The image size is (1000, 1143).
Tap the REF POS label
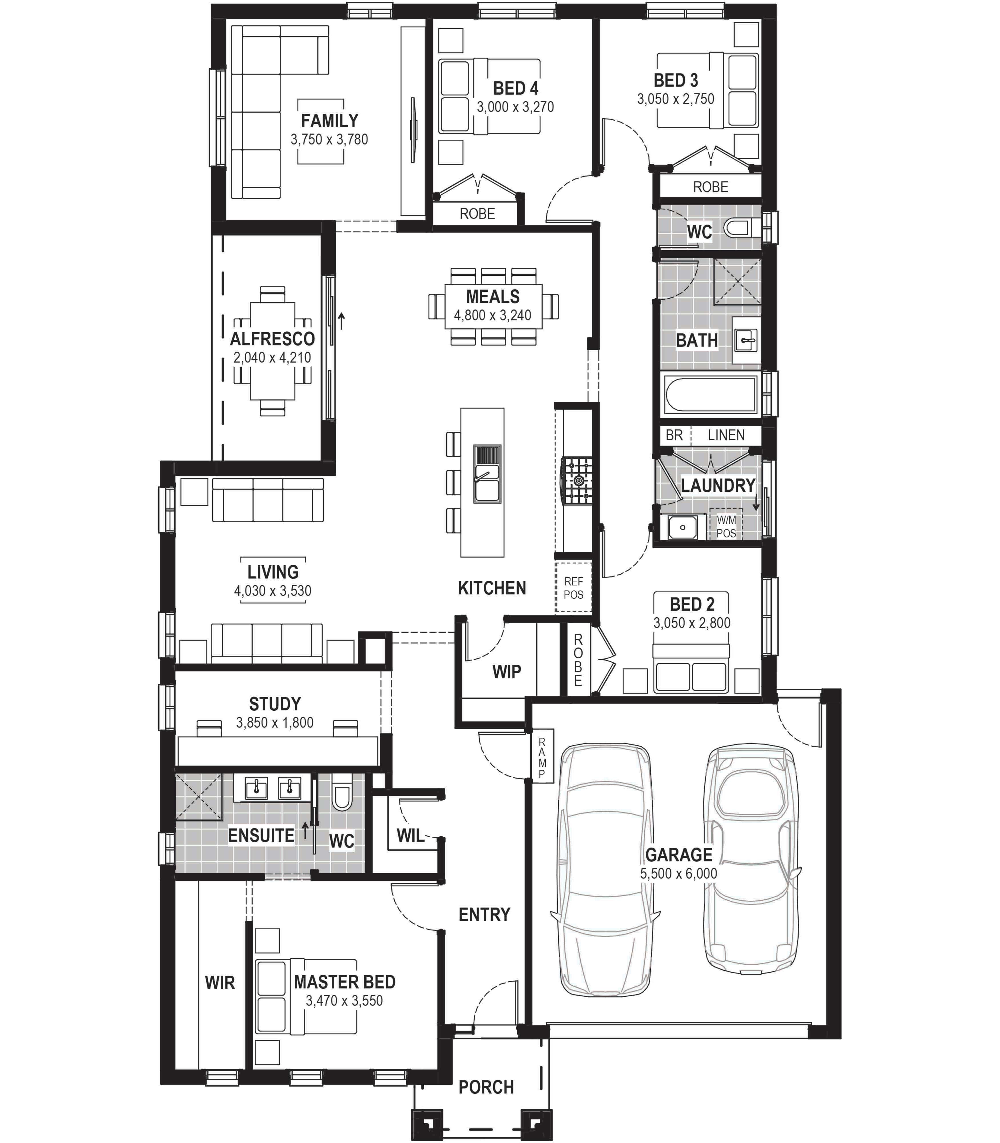tap(573, 588)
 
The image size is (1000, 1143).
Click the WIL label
tap(411, 836)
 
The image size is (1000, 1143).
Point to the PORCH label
tap(486, 1087)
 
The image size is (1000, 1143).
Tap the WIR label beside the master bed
tap(220, 983)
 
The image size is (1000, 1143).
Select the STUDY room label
tap(275, 704)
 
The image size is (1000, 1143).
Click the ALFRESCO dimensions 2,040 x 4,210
tap(272, 358)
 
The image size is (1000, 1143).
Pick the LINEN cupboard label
tap(726, 435)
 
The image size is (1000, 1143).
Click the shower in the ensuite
tap(199, 797)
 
